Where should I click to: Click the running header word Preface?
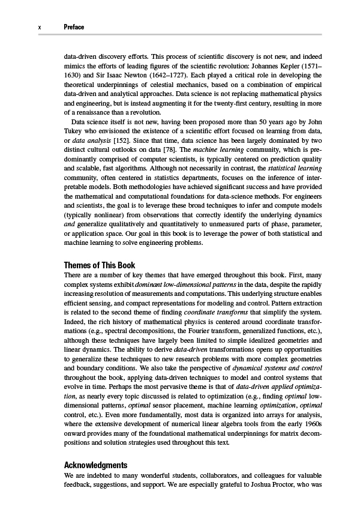point(74,27)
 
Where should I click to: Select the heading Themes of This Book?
point(100,265)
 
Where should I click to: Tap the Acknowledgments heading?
point(95,465)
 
